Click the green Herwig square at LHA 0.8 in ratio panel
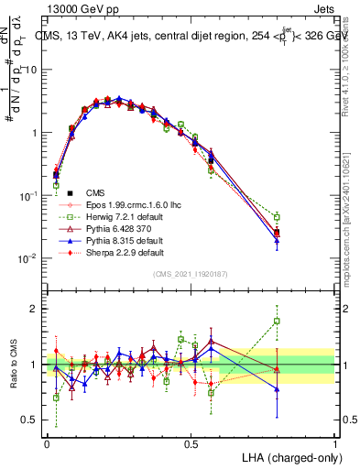pyautogui.click(x=277, y=322)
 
